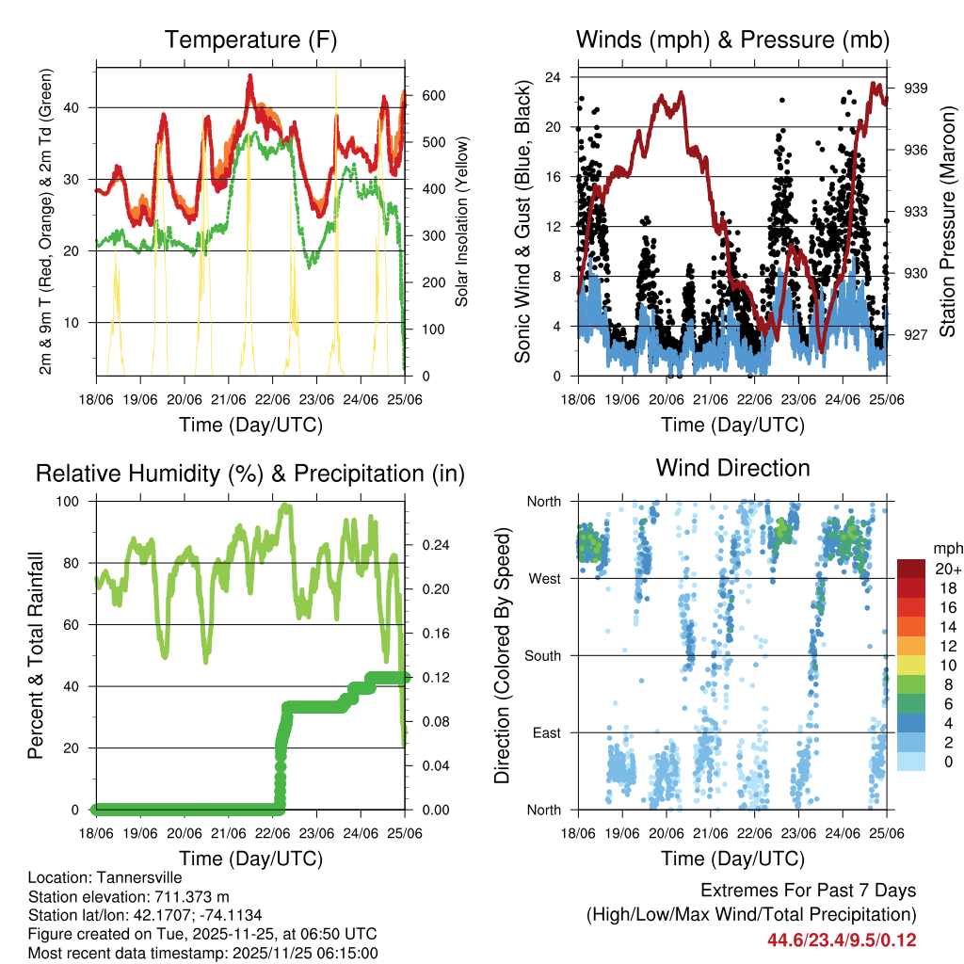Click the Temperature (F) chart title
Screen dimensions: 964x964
coord(250,40)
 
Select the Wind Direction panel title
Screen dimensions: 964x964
coord(732,467)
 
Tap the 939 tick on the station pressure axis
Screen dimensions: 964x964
coord(917,88)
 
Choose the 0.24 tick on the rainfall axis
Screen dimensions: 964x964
coord(429,545)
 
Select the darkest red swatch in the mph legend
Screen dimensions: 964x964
coord(910,569)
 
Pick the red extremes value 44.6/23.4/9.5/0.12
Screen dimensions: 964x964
coord(842,940)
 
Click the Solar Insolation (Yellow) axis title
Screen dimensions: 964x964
coord(462,222)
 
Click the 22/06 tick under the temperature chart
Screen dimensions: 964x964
coord(273,399)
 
